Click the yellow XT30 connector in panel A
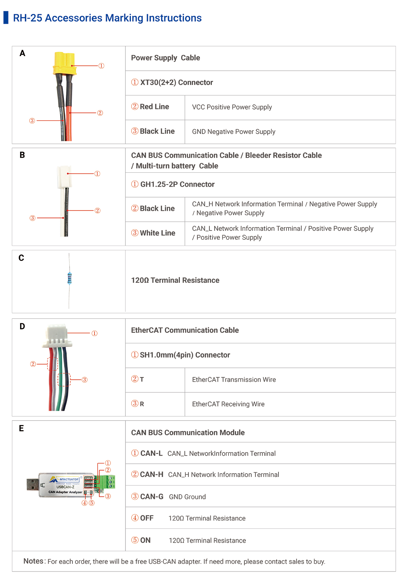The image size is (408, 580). pos(64,63)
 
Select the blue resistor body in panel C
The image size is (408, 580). pos(69,278)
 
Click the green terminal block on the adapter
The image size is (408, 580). pos(110,482)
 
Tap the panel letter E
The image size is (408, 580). pos(21,428)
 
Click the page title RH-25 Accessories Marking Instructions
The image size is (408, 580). pos(107,18)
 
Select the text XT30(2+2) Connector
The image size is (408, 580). pos(176,83)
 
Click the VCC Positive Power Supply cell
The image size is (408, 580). pos(232,107)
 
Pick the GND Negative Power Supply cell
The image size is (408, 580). pos(234,132)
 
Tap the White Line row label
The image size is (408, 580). pos(157,233)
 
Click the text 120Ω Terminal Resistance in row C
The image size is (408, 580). pos(175,280)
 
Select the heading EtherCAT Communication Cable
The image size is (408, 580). pos(185,330)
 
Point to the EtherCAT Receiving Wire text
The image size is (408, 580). pos(228,404)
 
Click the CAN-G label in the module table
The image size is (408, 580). pos(152,497)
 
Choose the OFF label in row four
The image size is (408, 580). pos(147,518)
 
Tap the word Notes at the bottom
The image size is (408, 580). pos(33,561)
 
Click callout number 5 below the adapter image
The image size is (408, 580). pos(91,503)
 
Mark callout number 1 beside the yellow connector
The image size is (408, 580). pos(101,66)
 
